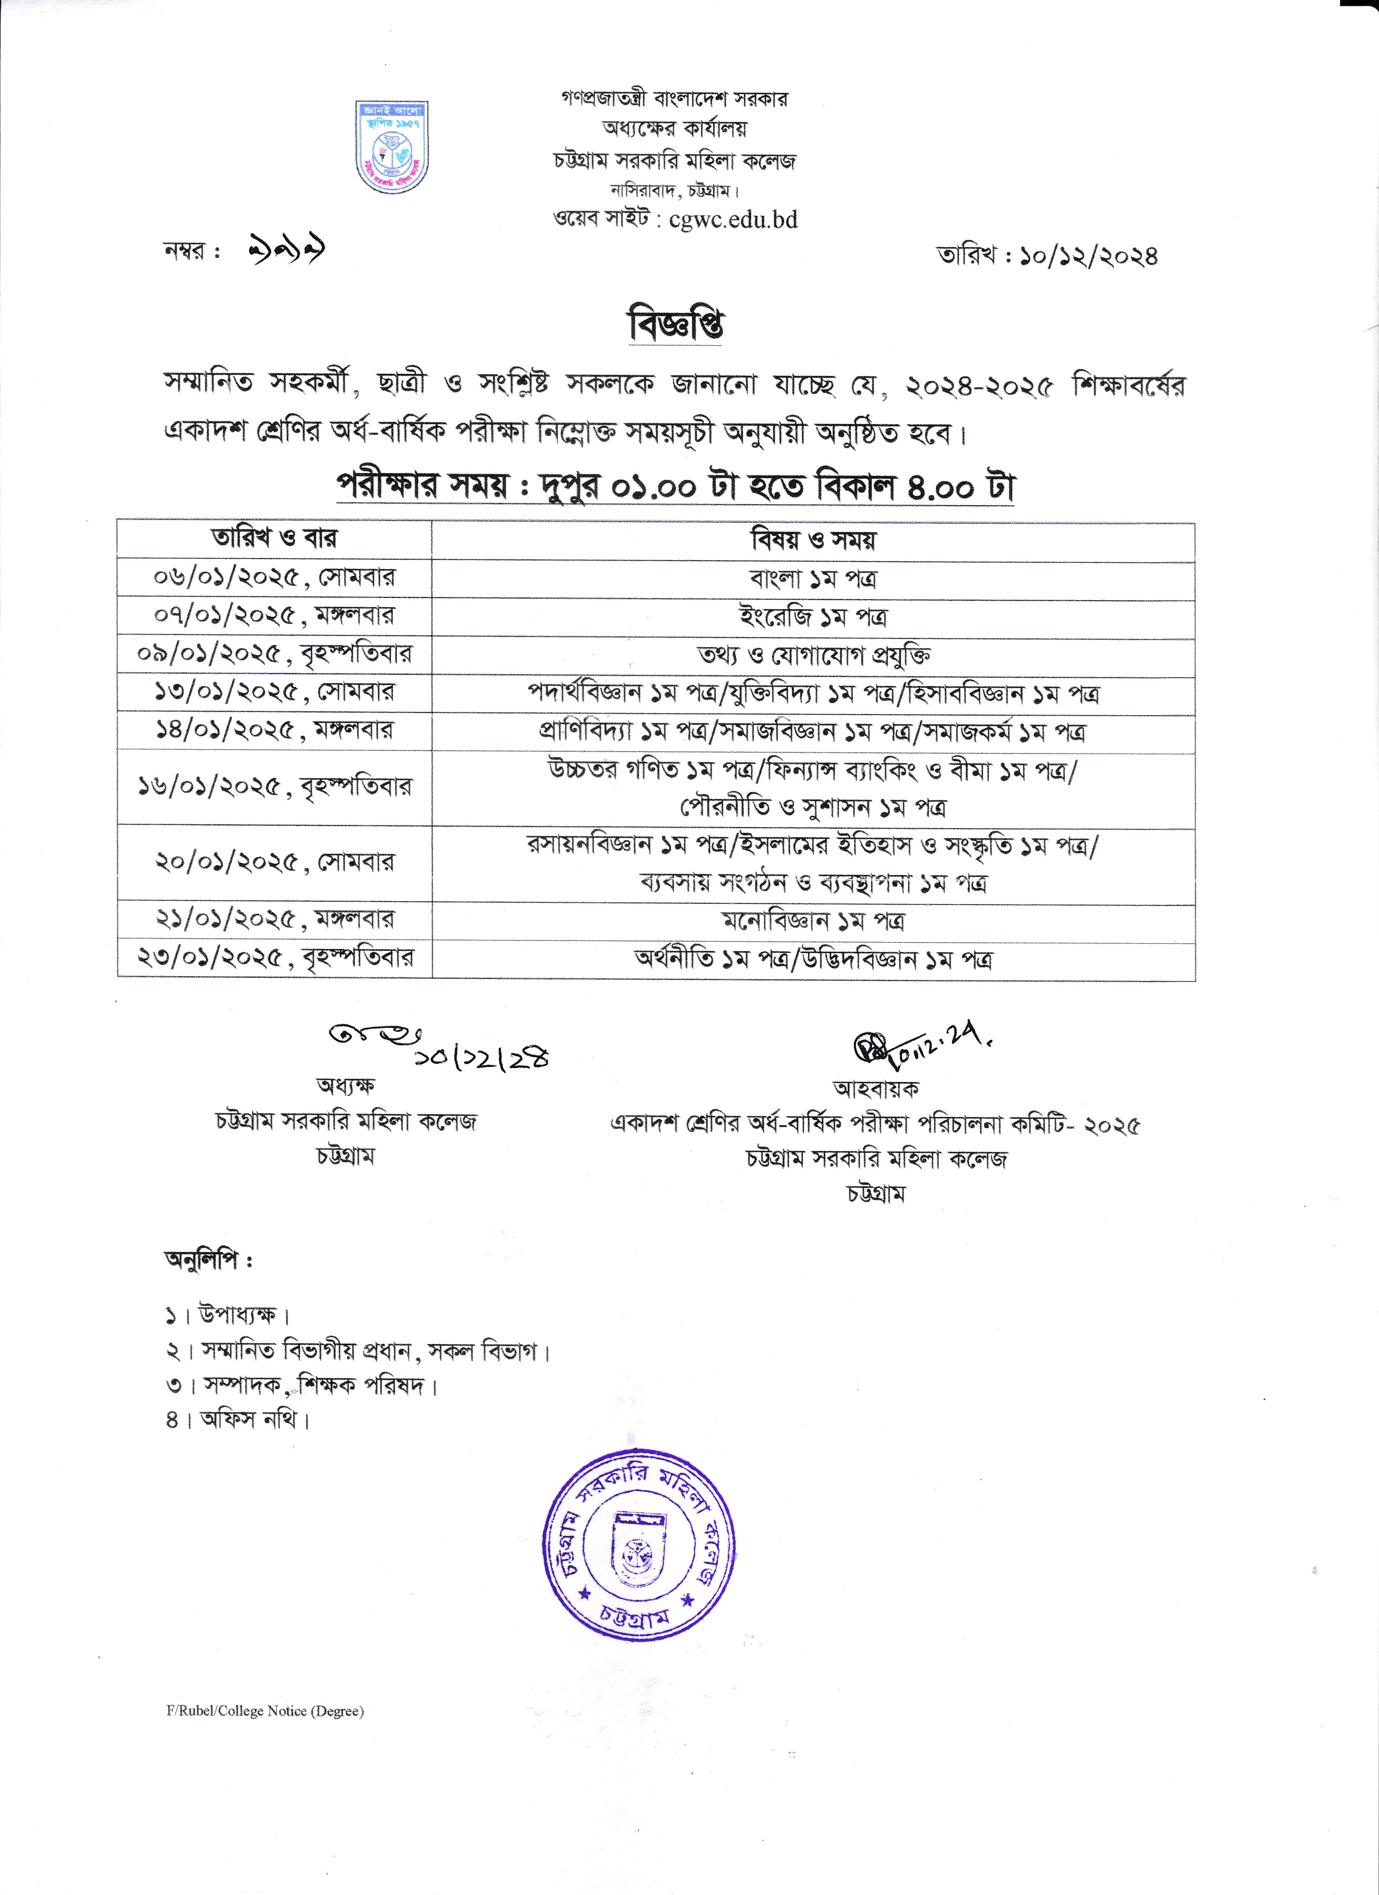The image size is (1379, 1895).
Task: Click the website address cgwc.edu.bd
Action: pos(733,220)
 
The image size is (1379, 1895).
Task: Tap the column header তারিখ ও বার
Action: pos(273,539)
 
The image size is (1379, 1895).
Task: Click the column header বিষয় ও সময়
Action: pos(812,541)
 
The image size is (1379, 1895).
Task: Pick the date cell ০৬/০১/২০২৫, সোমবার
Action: pos(273,577)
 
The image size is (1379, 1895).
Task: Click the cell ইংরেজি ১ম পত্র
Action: pos(812,616)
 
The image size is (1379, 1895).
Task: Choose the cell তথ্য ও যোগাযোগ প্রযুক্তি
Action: pos(812,655)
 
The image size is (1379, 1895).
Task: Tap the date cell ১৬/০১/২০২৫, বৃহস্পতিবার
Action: pos(273,787)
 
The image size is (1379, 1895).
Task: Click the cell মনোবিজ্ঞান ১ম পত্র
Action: pos(812,921)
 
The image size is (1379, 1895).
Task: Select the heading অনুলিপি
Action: pos(207,1259)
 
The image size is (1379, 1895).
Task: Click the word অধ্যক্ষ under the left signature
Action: pos(345,1085)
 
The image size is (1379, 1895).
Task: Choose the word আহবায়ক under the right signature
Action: pos(875,1088)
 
